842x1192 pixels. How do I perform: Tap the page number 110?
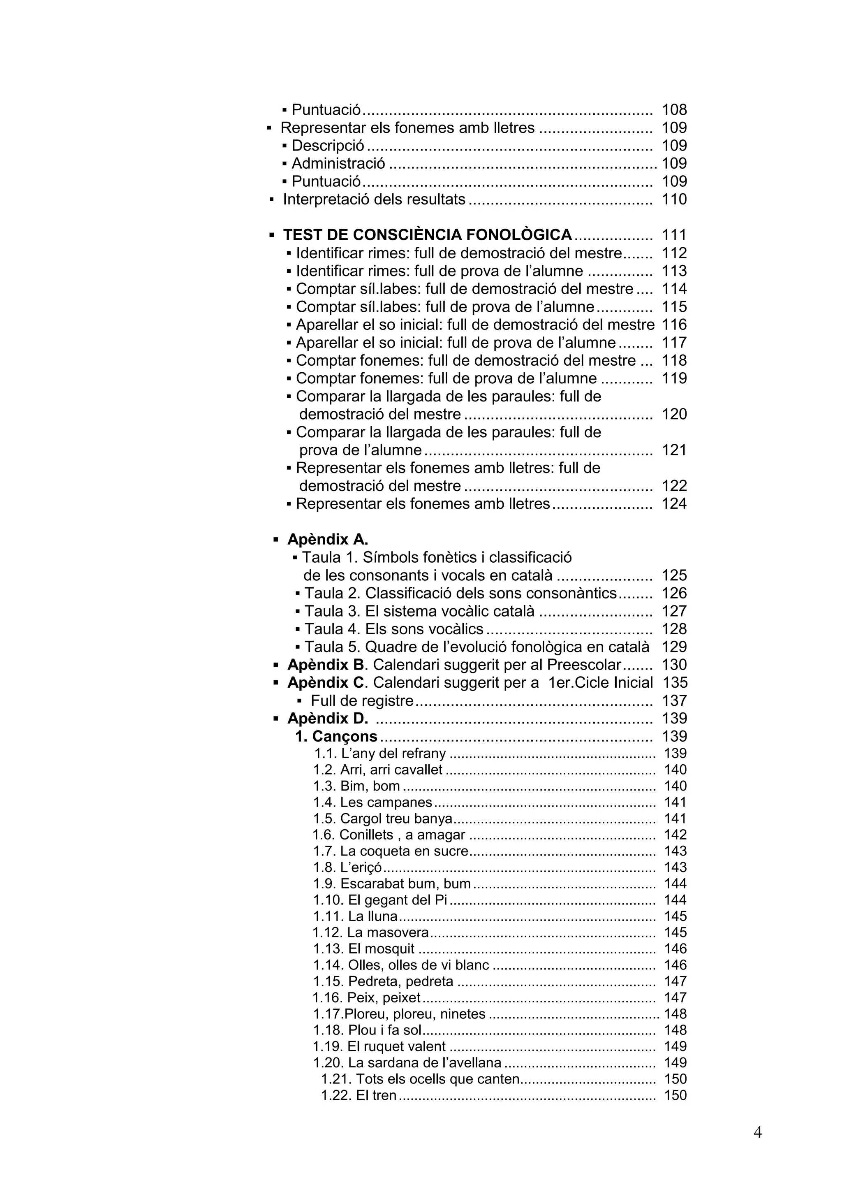(674, 199)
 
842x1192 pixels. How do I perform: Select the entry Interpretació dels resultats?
(374, 199)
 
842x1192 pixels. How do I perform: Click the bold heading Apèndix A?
(327, 539)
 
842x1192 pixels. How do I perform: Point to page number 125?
(674, 575)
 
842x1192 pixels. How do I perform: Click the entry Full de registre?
(362, 701)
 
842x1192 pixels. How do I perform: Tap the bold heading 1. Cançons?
(336, 737)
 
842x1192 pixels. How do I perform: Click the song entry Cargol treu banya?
(383, 819)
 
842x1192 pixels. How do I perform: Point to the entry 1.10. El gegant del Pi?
(380, 900)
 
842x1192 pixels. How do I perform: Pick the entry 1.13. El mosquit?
(364, 949)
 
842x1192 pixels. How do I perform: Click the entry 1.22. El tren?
(359, 1095)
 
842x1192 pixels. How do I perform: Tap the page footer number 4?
(757, 1132)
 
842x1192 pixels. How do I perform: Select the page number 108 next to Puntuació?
(674, 109)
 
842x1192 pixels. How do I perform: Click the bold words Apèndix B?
(326, 665)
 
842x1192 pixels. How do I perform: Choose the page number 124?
(674, 503)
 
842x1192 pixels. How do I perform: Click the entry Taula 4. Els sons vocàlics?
(393, 629)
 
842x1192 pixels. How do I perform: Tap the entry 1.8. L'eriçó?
(347, 867)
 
